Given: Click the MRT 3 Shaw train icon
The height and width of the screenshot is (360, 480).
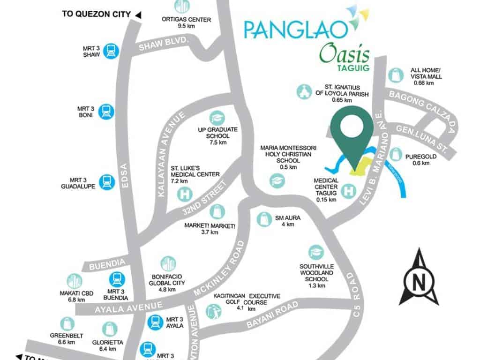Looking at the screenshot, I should [110, 51].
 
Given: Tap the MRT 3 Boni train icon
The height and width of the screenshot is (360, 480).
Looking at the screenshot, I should [106, 112].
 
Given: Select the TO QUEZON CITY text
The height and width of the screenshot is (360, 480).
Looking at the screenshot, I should [96, 14].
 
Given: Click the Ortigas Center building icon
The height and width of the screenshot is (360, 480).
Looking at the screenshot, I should [182, 6].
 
